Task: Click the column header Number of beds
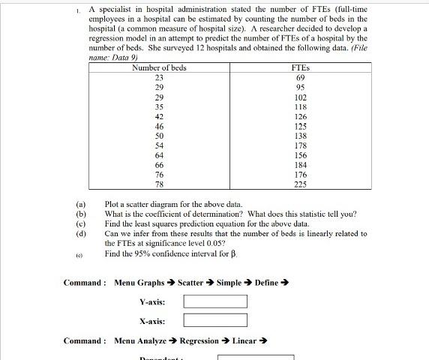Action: [159, 67]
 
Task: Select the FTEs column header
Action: [300, 67]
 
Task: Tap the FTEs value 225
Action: [300, 184]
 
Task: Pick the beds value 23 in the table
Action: [159, 77]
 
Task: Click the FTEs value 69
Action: [300, 77]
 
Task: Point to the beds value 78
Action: [159, 184]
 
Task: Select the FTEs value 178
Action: [300, 145]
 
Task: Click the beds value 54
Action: [159, 145]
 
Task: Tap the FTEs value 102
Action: [300, 97]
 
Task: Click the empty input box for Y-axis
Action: [215, 301]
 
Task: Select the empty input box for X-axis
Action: [215, 322]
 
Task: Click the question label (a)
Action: [80, 204]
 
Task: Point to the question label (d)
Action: [80, 233]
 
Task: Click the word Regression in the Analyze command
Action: [200, 341]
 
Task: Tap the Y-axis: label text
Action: [152, 301]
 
